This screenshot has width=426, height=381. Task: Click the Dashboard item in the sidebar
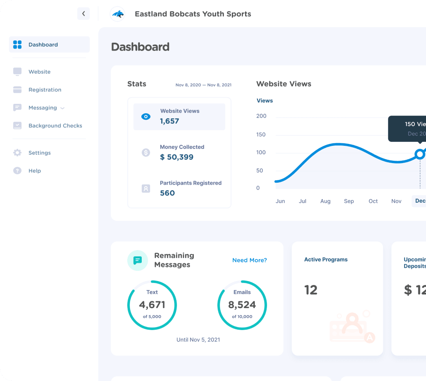coord(43,45)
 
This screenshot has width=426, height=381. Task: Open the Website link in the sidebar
coord(39,72)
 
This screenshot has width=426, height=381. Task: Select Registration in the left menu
coord(45,90)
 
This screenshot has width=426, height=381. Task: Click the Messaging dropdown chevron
coord(62,108)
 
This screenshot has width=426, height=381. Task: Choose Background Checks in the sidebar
coord(55,126)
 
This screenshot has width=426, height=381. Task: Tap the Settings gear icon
coord(17,153)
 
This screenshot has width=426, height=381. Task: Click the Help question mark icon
coord(17,171)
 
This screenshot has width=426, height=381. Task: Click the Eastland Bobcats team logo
coord(117,14)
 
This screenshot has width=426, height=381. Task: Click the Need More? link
coord(249,260)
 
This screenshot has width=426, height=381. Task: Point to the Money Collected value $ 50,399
coord(177,157)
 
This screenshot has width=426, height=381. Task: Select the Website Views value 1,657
coord(170,121)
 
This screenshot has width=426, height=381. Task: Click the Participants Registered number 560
coord(167,193)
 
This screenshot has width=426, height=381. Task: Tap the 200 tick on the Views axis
coord(261,116)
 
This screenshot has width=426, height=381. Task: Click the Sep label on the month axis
coord(348,201)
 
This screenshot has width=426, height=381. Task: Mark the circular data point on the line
coord(420,154)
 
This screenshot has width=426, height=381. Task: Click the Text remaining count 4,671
coord(152,305)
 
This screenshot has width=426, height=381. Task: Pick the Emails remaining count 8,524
coord(242,305)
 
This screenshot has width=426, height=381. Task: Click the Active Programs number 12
coord(311,290)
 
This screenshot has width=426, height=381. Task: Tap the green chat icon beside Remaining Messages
coord(137,260)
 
